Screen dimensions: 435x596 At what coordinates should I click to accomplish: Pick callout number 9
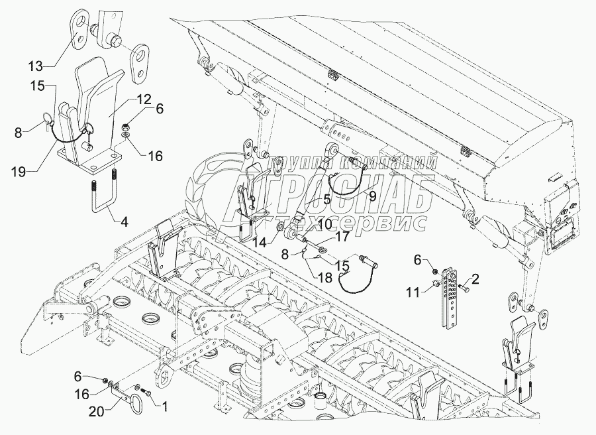point(372,196)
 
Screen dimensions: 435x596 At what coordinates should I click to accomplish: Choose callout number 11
point(413,291)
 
